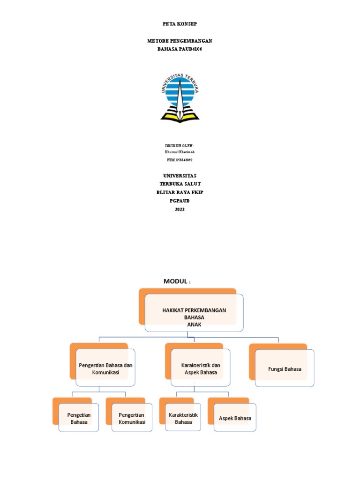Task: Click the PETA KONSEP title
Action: point(180,24)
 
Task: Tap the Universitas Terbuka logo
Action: point(180,98)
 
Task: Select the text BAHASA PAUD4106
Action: point(180,49)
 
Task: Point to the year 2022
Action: point(180,210)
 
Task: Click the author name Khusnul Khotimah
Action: point(180,152)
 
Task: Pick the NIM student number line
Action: point(180,160)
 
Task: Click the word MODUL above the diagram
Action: point(175,281)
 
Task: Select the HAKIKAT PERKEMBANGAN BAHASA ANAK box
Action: point(194,313)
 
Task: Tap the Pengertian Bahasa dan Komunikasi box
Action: point(105,367)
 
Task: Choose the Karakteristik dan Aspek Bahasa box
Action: point(201,367)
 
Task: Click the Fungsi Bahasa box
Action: point(285,368)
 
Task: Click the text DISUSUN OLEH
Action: point(180,146)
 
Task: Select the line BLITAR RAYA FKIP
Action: point(180,192)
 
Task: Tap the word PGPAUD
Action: point(180,201)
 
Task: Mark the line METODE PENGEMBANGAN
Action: point(180,41)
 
